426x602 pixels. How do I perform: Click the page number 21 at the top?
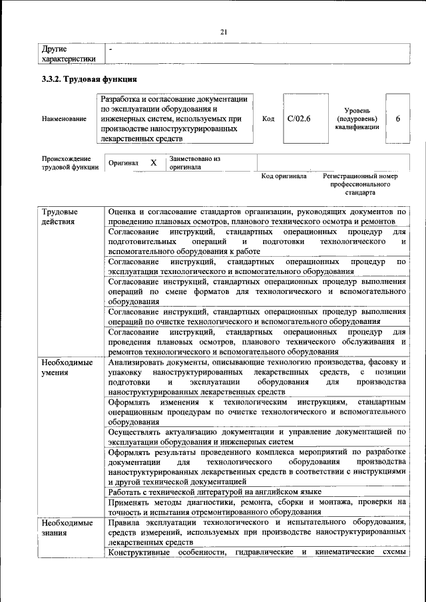pyautogui.click(x=224, y=31)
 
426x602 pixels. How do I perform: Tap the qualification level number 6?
pyautogui.click(x=397, y=118)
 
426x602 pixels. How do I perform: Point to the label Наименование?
pyautogui.click(x=64, y=119)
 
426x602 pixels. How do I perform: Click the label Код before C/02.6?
pyautogui.click(x=268, y=118)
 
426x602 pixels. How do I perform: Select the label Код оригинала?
pyautogui.click(x=284, y=176)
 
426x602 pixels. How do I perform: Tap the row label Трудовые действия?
pyautogui.click(x=60, y=217)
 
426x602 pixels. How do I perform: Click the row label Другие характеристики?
pyautogui.click(x=69, y=53)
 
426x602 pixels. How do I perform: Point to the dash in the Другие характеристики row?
pyautogui.click(x=111, y=49)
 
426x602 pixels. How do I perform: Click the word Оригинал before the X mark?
pyautogui.click(x=123, y=163)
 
